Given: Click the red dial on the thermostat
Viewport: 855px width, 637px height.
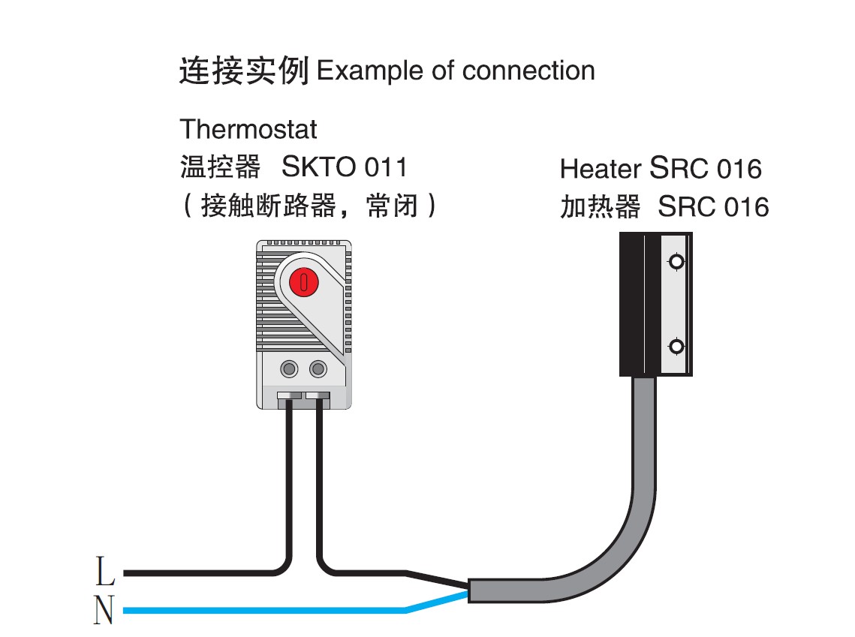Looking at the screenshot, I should point(304,282).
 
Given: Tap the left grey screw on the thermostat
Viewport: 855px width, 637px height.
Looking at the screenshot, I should point(289,368).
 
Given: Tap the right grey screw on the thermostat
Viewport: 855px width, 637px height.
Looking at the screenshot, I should point(318,368).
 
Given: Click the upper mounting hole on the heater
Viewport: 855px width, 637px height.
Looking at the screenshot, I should point(676,262).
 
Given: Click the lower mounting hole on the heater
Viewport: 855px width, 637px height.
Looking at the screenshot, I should point(676,346).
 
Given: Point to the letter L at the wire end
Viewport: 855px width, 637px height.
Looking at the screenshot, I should point(105,572).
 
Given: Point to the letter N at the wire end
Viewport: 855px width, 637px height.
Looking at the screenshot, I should point(104,611).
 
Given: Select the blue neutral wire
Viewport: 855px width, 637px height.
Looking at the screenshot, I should point(263,611).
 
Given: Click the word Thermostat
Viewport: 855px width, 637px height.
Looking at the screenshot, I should point(248,129).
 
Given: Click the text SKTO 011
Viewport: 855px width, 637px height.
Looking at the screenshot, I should point(344,167).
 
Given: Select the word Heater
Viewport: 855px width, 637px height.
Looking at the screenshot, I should point(601,170).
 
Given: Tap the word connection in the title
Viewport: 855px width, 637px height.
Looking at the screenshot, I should point(528,71).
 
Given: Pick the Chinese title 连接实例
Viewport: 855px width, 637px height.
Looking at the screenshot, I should point(244,71).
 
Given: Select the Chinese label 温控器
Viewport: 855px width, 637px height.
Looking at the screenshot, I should point(220,167).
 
